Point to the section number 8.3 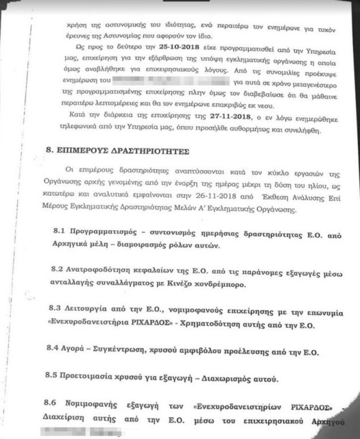coord(54,313)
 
